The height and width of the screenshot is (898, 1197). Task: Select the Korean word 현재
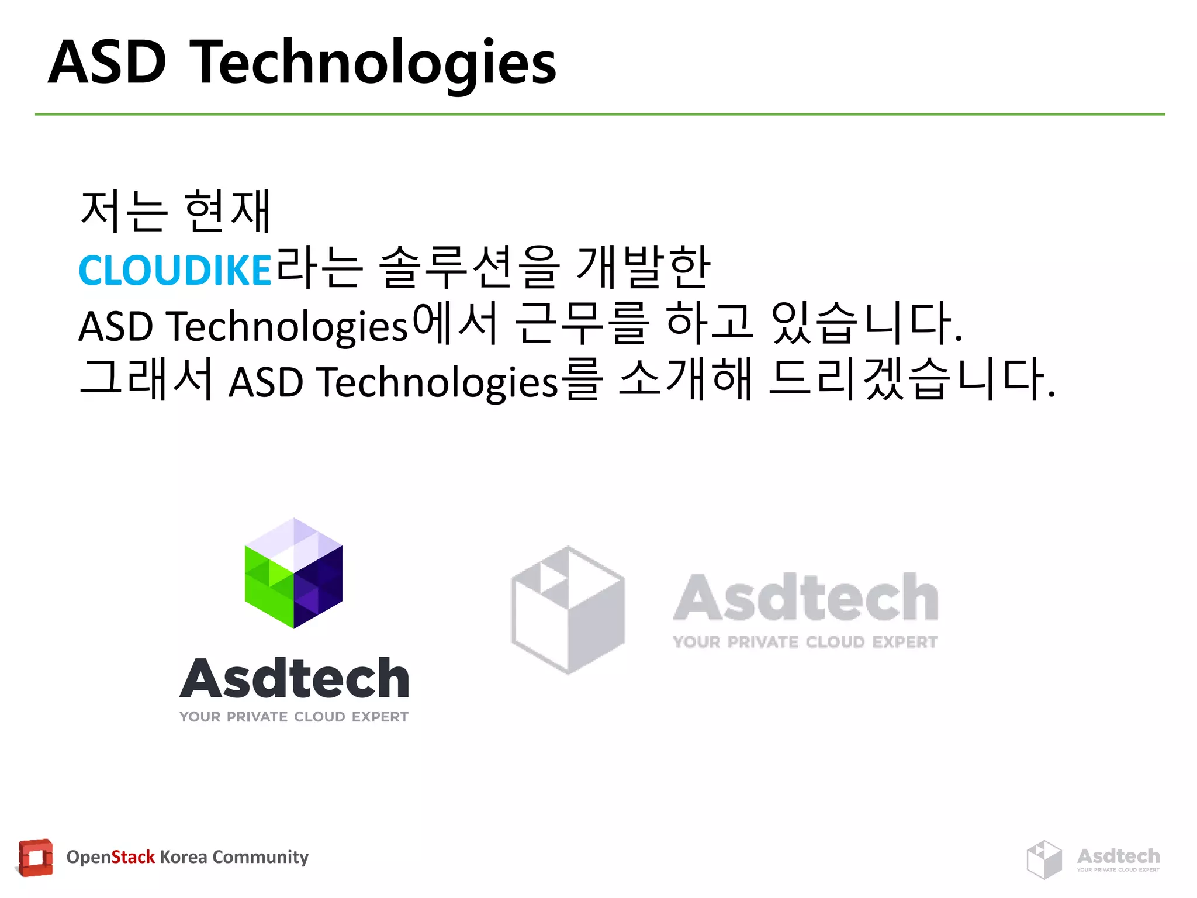[227, 211]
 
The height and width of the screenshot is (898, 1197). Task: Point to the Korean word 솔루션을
[469, 268]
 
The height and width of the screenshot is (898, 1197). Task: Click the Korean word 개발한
[643, 268]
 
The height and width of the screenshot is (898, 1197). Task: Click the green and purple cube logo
[293, 574]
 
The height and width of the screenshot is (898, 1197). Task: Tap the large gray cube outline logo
[568, 610]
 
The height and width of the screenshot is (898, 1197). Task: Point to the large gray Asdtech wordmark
[805, 597]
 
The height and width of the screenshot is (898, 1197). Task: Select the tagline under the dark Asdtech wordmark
[294, 717]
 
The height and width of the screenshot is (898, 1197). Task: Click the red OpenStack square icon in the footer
[36, 858]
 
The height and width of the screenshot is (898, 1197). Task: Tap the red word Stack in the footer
[133, 857]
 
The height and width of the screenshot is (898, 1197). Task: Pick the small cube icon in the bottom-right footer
[1044, 859]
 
